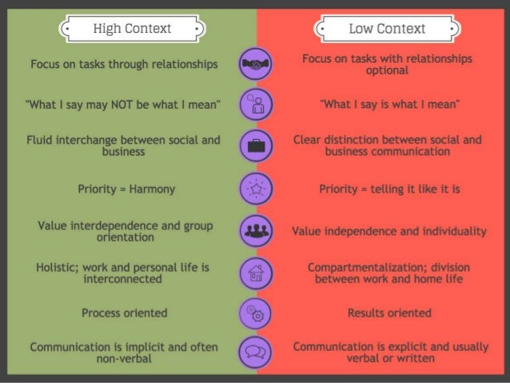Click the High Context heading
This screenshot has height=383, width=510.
click(132, 30)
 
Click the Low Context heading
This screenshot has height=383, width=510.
click(387, 30)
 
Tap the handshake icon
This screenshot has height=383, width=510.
click(257, 64)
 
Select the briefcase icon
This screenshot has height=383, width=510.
click(257, 146)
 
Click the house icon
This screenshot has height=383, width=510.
click(257, 271)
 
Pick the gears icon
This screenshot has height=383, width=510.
click(257, 313)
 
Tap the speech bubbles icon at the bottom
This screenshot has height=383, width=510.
click(257, 353)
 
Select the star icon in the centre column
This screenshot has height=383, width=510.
click(257, 190)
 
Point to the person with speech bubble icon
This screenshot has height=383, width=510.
click(257, 105)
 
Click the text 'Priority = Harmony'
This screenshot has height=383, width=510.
click(126, 190)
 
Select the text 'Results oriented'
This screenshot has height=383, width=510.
click(389, 313)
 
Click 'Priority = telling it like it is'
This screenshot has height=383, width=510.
click(388, 190)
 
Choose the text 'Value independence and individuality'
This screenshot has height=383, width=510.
click(388, 231)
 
